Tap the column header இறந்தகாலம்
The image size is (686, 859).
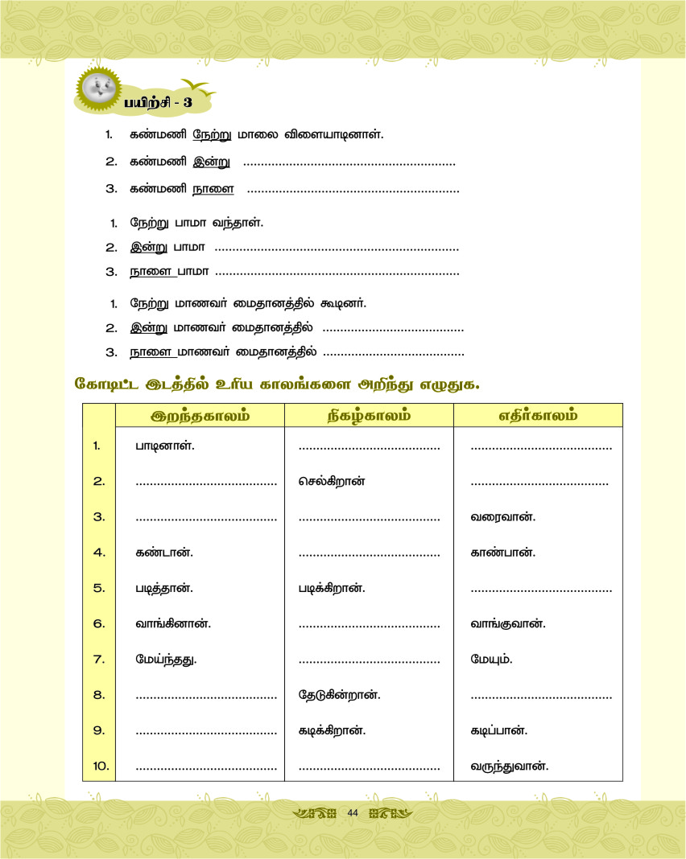click(x=200, y=416)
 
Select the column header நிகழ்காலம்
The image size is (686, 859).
click(x=369, y=416)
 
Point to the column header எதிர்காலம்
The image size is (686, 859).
click(x=538, y=416)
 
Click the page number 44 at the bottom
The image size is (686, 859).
click(x=352, y=813)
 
